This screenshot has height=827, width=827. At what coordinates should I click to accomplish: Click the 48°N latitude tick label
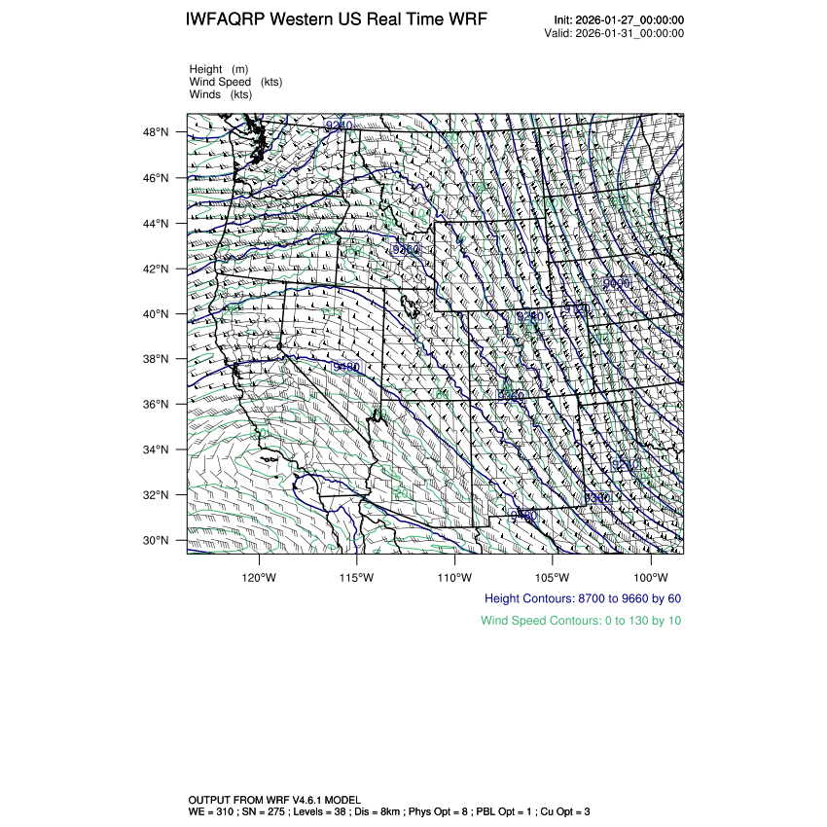(157, 132)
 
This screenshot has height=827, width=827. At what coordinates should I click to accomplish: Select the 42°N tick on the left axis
(157, 269)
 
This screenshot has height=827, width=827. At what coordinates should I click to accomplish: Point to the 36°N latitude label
(157, 405)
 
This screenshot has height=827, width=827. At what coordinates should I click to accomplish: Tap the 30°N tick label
(157, 540)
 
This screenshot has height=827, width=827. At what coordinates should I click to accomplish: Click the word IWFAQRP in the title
(231, 20)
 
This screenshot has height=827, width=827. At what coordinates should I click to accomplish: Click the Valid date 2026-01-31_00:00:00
(630, 33)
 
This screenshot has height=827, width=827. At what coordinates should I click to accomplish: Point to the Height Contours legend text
(582, 598)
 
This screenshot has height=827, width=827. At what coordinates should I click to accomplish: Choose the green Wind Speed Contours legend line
(581, 621)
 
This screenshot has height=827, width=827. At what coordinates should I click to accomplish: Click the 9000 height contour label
(616, 283)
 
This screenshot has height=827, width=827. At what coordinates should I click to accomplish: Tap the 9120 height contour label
(577, 308)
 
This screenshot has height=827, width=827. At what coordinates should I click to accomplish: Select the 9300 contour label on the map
(596, 498)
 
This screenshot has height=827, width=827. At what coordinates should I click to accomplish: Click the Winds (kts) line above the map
(221, 94)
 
